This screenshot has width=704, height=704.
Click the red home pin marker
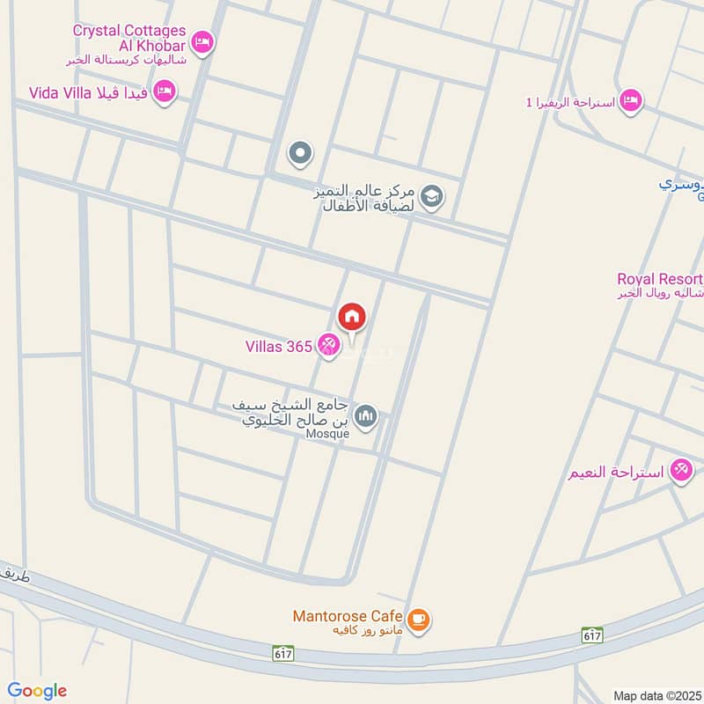click(352, 317)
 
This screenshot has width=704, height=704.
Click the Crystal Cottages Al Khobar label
click(128, 38)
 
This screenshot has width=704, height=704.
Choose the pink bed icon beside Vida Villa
click(164, 92)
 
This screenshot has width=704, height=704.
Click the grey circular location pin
click(301, 155)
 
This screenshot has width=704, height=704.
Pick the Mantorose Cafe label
click(348, 616)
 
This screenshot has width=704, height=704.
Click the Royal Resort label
click(660, 279)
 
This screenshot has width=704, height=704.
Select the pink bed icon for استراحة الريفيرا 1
click(630, 101)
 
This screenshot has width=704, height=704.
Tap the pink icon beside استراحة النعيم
click(681, 470)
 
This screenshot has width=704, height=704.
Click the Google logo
click(37, 691)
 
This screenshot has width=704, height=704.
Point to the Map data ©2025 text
click(656, 695)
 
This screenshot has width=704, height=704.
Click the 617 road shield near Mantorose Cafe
click(284, 654)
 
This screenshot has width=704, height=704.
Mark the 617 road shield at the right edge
click(592, 634)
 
